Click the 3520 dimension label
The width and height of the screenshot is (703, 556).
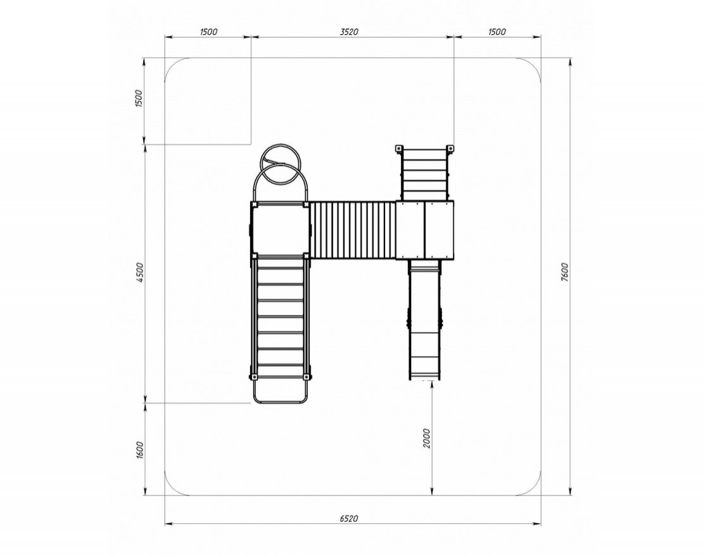click(x=349, y=32)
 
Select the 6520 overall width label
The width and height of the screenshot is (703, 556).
click(x=349, y=519)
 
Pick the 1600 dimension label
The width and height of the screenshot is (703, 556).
click(x=139, y=450)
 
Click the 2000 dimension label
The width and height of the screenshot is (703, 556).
click(x=426, y=438)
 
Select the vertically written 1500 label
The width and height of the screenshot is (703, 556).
click(x=139, y=99)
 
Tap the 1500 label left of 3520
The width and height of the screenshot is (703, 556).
click(x=208, y=32)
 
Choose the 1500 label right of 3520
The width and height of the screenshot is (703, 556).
click(x=497, y=32)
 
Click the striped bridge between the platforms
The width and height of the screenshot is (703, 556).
click(x=353, y=230)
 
